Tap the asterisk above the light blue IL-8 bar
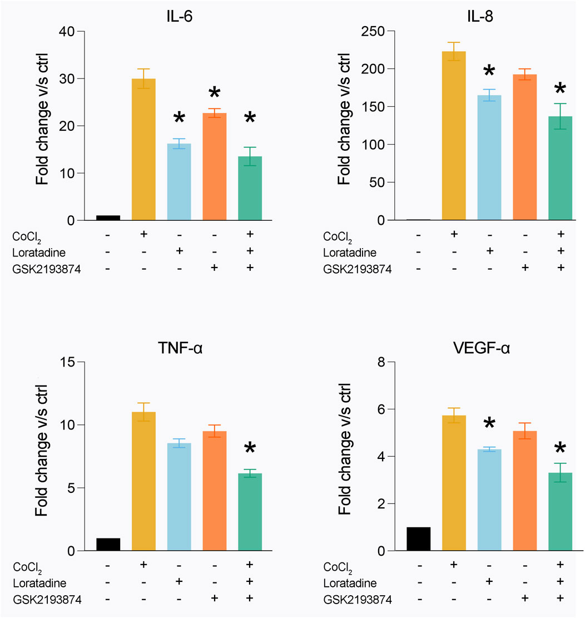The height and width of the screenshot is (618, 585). click(489, 72)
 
